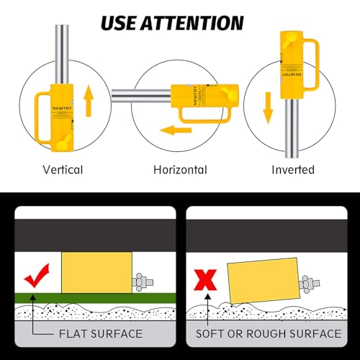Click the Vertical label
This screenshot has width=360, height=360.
63,170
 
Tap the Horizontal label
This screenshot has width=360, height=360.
180,170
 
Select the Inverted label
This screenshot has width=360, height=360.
294,170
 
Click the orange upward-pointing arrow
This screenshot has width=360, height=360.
89,101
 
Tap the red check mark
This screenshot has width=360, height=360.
35,275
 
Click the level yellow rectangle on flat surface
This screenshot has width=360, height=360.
96,273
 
